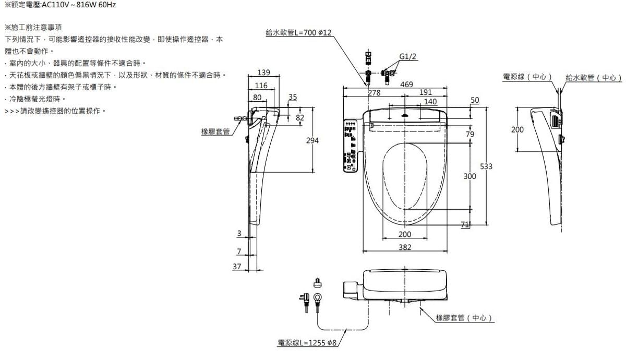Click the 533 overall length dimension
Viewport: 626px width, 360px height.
pyautogui.click(x=486, y=166)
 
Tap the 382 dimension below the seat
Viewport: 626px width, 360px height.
pyautogui.click(x=405, y=247)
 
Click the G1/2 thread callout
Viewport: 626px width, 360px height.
pyautogui.click(x=408, y=57)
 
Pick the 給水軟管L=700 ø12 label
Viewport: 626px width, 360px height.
pyautogui.click(x=298, y=32)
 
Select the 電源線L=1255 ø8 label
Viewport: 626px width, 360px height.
pyautogui.click(x=307, y=343)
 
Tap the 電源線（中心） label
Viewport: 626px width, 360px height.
pyautogui.click(x=527, y=77)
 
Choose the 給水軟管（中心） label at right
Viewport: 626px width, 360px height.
pyautogui.click(x=594, y=78)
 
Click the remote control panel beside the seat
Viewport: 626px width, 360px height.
pyautogui.click(x=350, y=146)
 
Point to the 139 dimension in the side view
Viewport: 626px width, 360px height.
pyautogui.click(x=263, y=72)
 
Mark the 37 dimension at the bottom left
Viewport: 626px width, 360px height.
pyautogui.click(x=237, y=267)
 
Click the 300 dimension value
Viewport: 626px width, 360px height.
pyautogui.click(x=469, y=177)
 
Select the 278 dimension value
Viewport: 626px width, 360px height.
pyautogui.click(x=374, y=93)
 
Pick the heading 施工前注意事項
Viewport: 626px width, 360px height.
pyautogui.click(x=33, y=27)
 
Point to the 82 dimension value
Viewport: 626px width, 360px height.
pyautogui.click(x=299, y=118)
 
